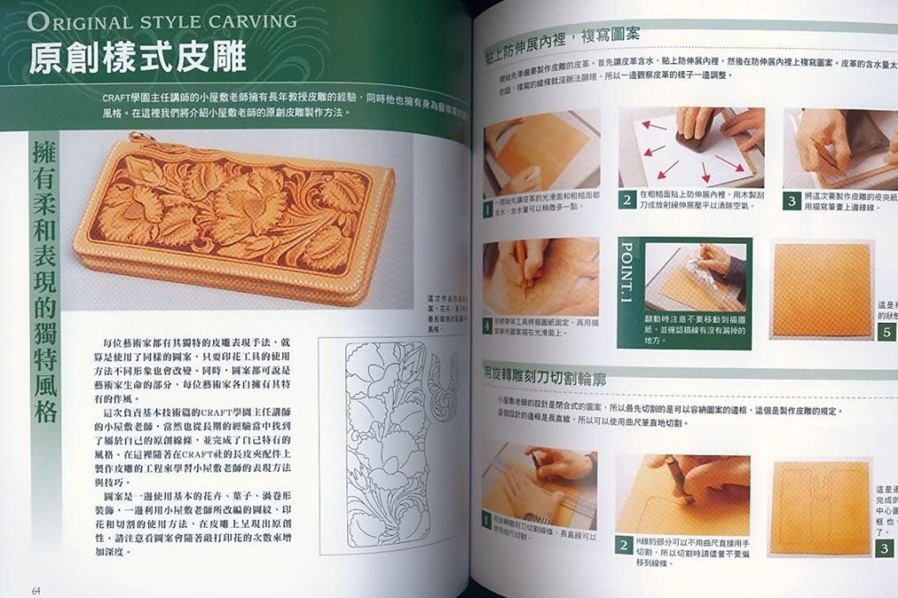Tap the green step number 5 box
(886, 332)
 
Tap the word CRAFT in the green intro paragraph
(115, 97)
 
